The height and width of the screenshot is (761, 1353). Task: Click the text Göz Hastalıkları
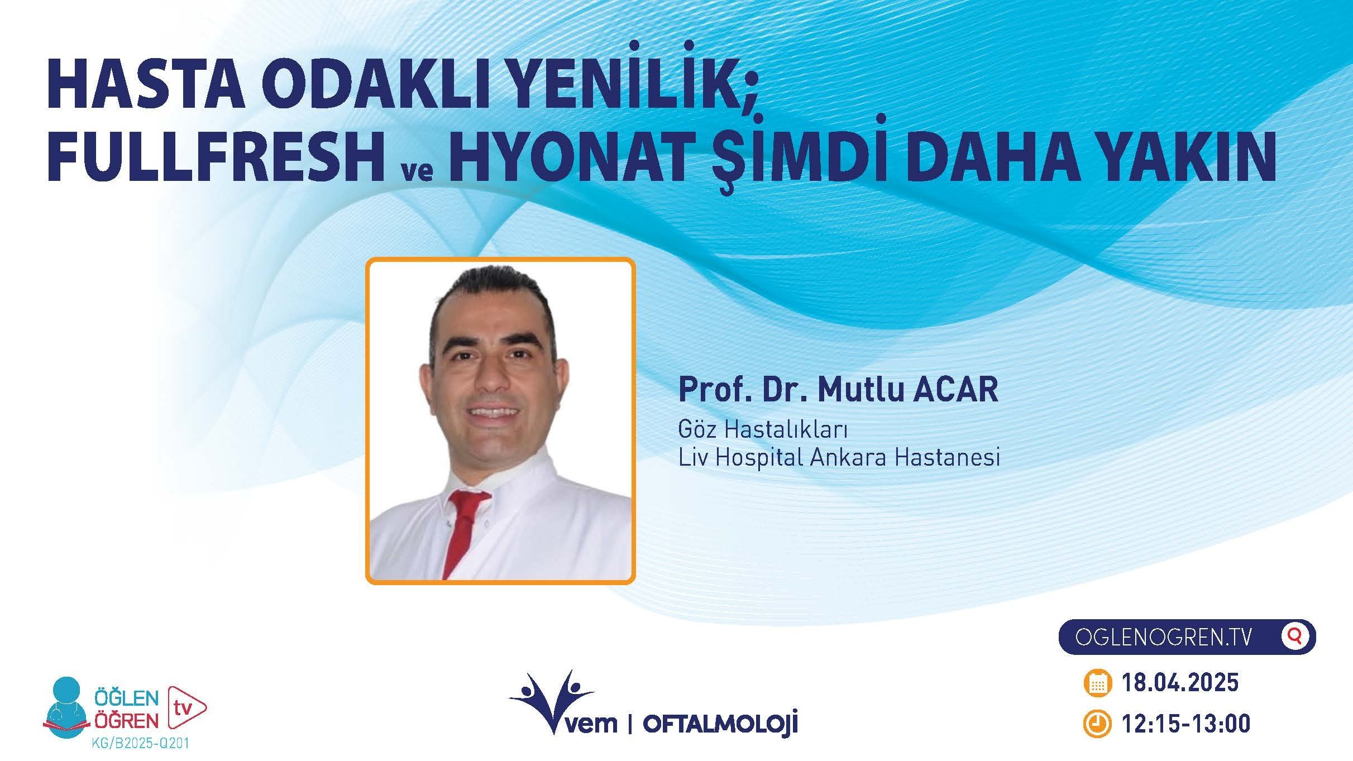pyautogui.click(x=763, y=429)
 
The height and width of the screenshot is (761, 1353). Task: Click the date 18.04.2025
pyautogui.click(x=1179, y=683)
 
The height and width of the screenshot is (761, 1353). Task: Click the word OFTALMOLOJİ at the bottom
pyautogui.click(x=720, y=724)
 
